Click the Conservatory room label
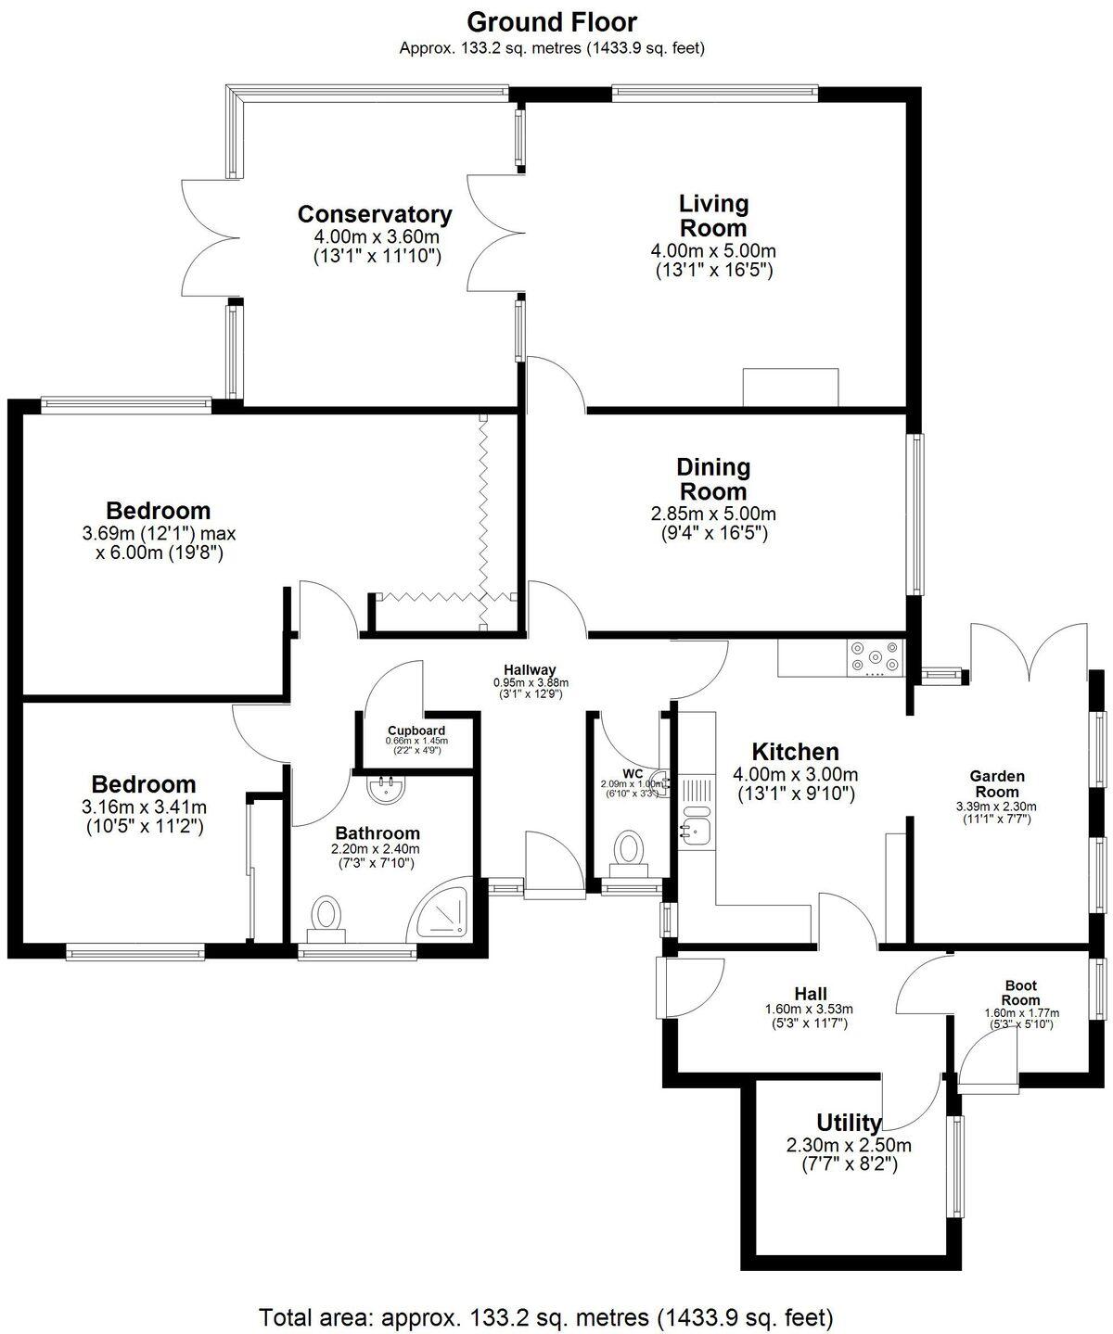tap(375, 214)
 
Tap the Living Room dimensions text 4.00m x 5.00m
tap(713, 250)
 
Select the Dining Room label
tap(712, 478)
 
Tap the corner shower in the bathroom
tap(447, 908)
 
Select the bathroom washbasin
tap(385, 790)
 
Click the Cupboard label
tap(416, 731)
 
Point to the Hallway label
tap(530, 669)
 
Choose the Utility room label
tap(849, 1124)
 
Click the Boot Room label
tap(1020, 993)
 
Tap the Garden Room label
tap(997, 783)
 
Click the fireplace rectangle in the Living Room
tap(791, 387)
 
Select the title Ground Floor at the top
tap(552, 21)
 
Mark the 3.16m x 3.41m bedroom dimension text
tap(144, 807)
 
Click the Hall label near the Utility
tap(810, 993)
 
